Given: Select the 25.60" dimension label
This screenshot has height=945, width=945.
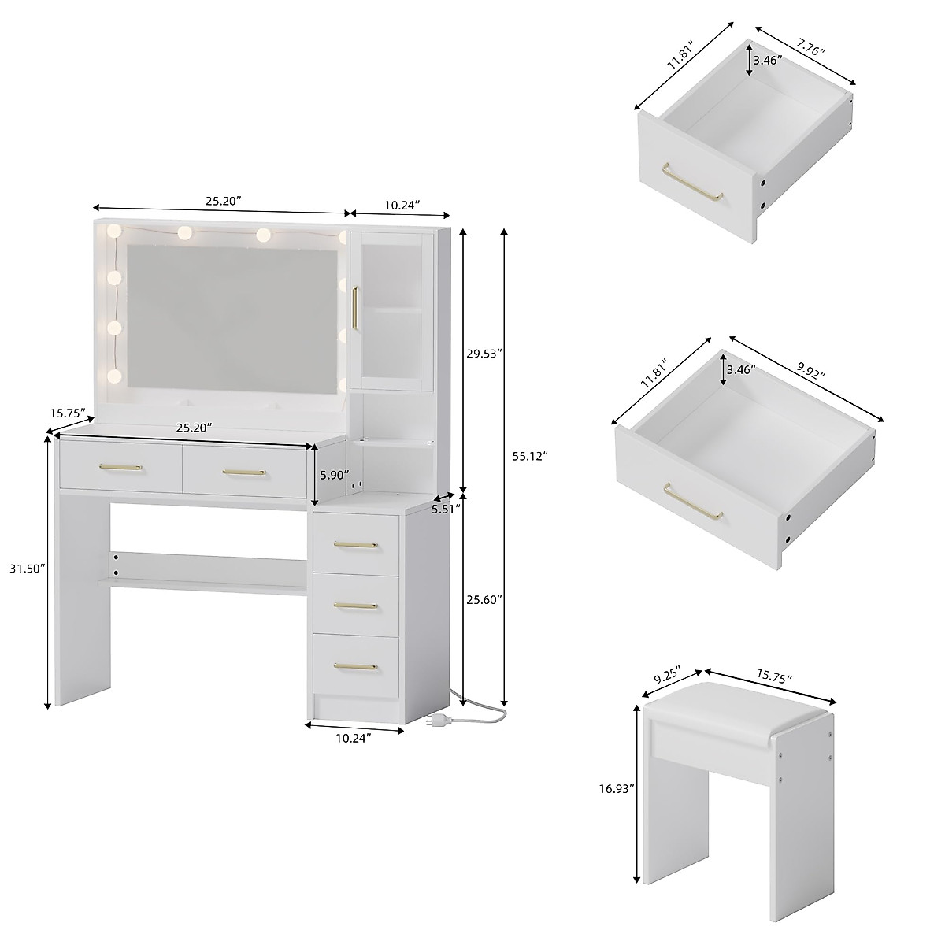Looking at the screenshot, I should (484, 599).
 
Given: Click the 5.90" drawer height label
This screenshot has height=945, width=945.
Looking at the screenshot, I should (331, 475).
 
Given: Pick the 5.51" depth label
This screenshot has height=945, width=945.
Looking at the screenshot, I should (446, 509).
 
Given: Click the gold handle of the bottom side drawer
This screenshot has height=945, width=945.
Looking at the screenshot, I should (355, 666).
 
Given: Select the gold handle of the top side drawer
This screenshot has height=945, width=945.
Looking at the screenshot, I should (355, 544).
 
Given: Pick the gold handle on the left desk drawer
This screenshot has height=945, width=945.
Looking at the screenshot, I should (120, 468).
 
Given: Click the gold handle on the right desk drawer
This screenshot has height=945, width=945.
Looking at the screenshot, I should (244, 472).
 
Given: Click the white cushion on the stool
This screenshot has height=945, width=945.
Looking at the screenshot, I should (736, 713).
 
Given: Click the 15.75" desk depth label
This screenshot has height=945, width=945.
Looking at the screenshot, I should (68, 413).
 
